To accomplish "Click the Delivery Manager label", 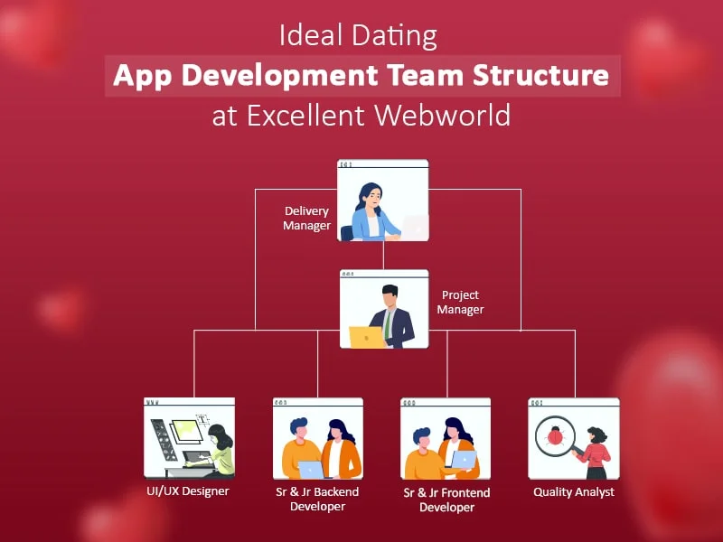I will click(x=306, y=219).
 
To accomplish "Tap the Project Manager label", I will click(x=461, y=303).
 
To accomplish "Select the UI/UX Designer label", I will click(x=188, y=491).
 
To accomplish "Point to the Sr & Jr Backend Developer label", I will click(x=317, y=500).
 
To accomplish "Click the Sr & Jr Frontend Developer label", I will click(x=446, y=500).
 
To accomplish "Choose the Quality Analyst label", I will click(x=574, y=492).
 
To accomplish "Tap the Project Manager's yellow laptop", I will click(x=367, y=336).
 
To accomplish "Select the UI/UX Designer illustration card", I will click(x=190, y=438).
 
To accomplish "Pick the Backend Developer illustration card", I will click(x=318, y=438).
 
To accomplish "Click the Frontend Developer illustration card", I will click(x=446, y=438).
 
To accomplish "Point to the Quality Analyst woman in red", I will click(x=594, y=451).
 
